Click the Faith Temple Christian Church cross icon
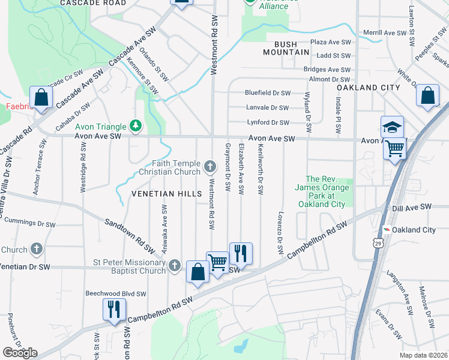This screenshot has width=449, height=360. point(209,166)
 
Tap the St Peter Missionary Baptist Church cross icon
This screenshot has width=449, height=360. point(175,265)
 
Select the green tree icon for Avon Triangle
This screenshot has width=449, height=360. point(136,126)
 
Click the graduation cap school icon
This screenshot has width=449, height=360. point(391,127)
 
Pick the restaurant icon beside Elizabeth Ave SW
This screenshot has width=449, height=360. point(241,253)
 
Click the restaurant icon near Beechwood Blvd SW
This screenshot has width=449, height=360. point(113,308)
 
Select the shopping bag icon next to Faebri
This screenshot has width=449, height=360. point(42,97)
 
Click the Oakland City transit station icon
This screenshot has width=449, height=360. point(388,230)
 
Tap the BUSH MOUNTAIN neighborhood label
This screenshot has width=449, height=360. point(286,47)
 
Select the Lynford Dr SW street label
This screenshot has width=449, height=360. point(268,122)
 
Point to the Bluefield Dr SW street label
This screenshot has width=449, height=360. point(268,93)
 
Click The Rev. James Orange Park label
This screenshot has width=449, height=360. point(325,191)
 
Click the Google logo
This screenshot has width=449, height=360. point(19,352)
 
